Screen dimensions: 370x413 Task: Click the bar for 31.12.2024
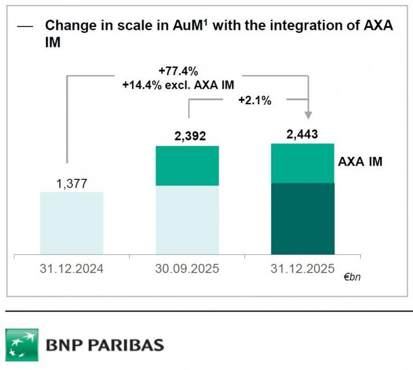72,223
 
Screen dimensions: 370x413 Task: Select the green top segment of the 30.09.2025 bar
188,166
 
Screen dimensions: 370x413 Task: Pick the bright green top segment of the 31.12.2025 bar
303,163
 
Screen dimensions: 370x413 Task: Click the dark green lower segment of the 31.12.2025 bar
303,218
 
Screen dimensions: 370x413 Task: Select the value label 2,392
187,136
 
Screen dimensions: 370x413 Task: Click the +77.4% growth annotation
178,72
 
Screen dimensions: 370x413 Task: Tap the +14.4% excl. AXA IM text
178,85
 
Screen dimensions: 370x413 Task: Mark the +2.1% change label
255,100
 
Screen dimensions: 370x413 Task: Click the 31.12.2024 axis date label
72,268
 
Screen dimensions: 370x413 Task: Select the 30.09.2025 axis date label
188,268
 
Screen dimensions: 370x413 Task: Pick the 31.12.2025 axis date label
303,268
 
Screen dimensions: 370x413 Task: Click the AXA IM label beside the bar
360,162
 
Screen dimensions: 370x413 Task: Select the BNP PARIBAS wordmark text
104,345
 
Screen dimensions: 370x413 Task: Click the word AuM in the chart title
186,26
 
